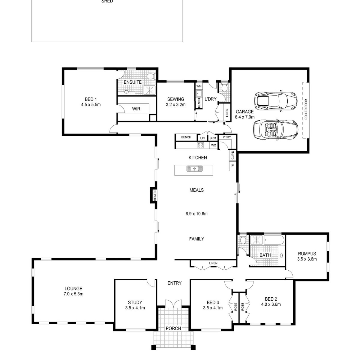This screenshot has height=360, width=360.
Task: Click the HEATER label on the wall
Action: [x=155, y=195]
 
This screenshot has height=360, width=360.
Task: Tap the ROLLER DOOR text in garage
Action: [x=306, y=109]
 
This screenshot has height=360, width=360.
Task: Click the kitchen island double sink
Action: [x=194, y=168]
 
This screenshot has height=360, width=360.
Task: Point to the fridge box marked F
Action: [x=232, y=166]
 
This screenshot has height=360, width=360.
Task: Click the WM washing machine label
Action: [x=199, y=86]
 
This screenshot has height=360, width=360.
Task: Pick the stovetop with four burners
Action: [x=200, y=145]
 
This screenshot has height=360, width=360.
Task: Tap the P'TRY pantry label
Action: [x=227, y=137]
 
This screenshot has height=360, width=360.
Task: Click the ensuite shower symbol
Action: [x=149, y=90]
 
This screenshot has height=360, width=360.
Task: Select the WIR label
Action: [x=136, y=109]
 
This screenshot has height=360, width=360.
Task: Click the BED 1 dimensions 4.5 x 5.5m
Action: [x=91, y=105]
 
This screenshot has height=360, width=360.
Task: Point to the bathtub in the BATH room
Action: [x=274, y=240]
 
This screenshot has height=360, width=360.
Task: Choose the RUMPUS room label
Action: [x=307, y=254]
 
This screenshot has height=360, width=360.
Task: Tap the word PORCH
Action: [x=173, y=328]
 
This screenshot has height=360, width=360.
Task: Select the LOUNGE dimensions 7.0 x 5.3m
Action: [x=73, y=294]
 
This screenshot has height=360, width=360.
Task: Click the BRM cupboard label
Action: [x=213, y=138]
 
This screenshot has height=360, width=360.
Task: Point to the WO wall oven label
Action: [x=214, y=145]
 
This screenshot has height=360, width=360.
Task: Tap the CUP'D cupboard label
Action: [x=233, y=155]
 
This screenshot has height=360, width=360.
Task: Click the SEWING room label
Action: [x=175, y=99]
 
